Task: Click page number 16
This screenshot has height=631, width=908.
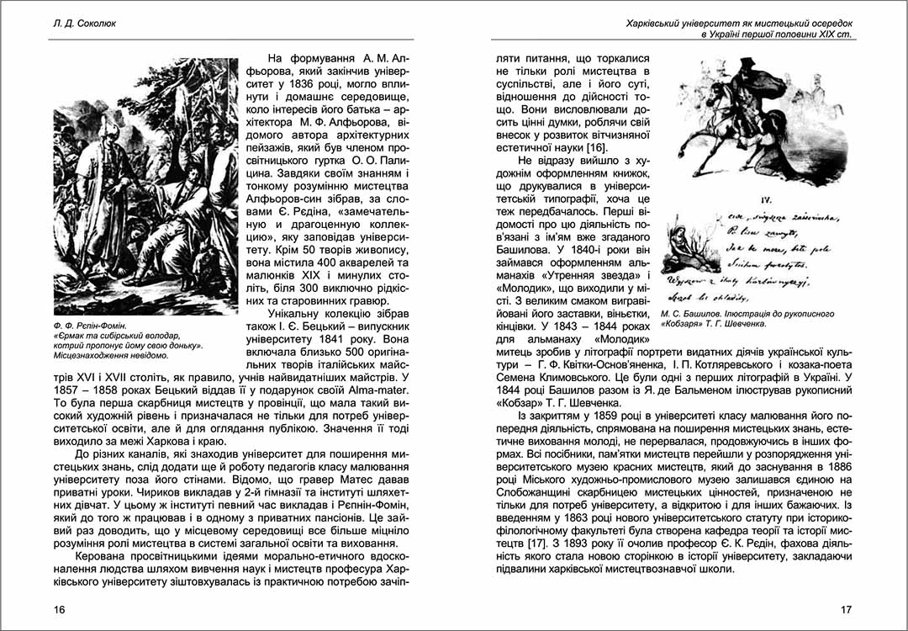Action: click(x=58, y=609)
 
